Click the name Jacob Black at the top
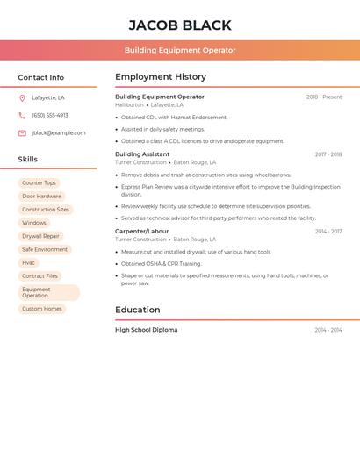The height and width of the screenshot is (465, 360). [180, 25]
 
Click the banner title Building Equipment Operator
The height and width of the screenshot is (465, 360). [180, 50]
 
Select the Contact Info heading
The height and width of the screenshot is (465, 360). [41, 77]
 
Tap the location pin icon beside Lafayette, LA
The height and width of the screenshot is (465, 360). [22, 97]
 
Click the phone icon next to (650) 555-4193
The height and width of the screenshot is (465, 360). [22, 115]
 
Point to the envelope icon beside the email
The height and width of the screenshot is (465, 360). [22, 132]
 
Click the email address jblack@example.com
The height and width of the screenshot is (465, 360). [59, 132]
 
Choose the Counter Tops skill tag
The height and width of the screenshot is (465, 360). [39, 183]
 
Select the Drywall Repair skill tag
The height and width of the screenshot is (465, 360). [40, 236]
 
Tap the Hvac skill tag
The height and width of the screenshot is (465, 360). [29, 262]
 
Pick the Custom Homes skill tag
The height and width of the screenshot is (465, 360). [42, 309]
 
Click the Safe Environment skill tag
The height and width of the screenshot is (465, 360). [45, 249]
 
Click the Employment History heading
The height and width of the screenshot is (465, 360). [161, 76]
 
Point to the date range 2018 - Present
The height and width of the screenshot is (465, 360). [324, 97]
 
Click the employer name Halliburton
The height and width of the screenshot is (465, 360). [129, 104]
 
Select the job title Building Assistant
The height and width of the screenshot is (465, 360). [142, 154]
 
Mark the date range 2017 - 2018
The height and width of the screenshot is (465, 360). [328, 154]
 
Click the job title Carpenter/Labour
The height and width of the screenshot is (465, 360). [141, 231]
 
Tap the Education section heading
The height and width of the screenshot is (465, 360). [138, 310]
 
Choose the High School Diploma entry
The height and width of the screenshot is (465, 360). [147, 330]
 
